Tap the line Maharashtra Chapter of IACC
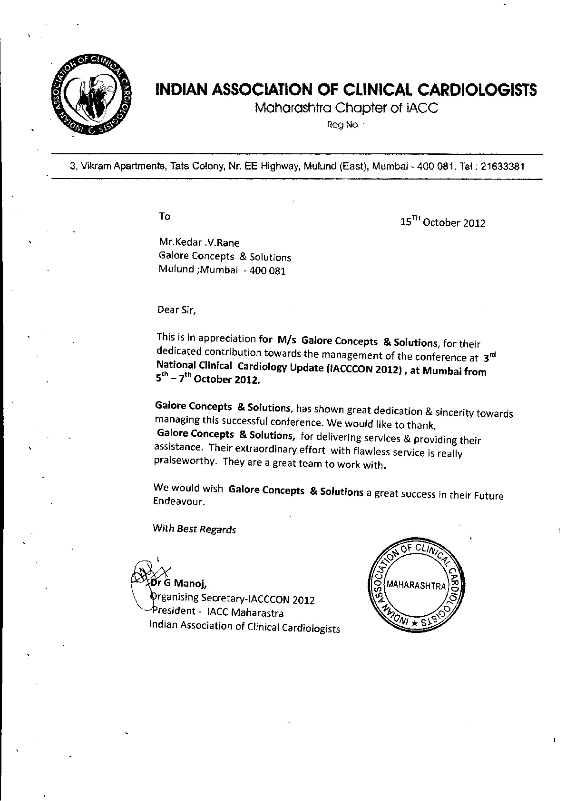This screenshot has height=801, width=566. click(x=346, y=108)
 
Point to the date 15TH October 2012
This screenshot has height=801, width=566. click(x=443, y=222)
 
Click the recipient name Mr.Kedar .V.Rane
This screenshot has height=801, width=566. click(x=199, y=242)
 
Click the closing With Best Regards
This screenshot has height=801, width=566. click(x=194, y=529)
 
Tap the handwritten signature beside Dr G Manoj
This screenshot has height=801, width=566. click(x=145, y=572)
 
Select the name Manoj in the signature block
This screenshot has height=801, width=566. click(x=190, y=583)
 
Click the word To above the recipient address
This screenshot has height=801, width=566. click(x=165, y=217)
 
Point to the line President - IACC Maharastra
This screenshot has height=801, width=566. click(x=217, y=612)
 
